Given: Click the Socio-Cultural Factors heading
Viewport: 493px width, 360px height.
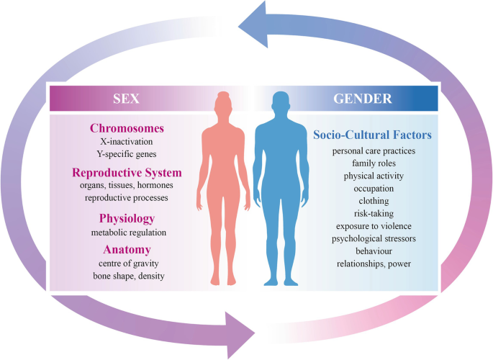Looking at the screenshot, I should pyautogui.click(x=372, y=134).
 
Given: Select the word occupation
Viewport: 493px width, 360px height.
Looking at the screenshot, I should pyautogui.click(x=373, y=188).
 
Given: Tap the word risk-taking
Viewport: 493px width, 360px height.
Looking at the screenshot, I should pyautogui.click(x=373, y=213).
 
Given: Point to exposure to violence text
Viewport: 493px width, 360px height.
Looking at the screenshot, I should pyautogui.click(x=373, y=226).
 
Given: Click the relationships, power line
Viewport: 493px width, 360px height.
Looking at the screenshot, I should pyautogui.click(x=373, y=264).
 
